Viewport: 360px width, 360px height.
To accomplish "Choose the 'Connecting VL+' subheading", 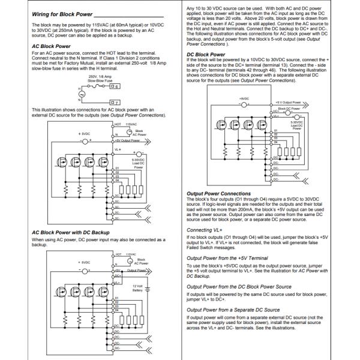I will click(x=202, y=230).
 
